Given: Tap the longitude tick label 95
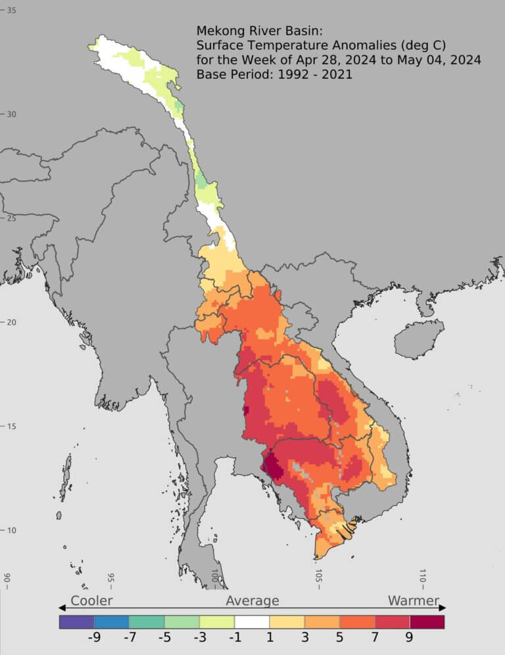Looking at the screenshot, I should [111, 579].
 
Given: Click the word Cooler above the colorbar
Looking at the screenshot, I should [91, 600].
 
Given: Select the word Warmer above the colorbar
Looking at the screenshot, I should [413, 600].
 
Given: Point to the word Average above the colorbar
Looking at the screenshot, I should [252, 600].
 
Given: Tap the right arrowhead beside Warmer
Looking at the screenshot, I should [443, 608].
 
